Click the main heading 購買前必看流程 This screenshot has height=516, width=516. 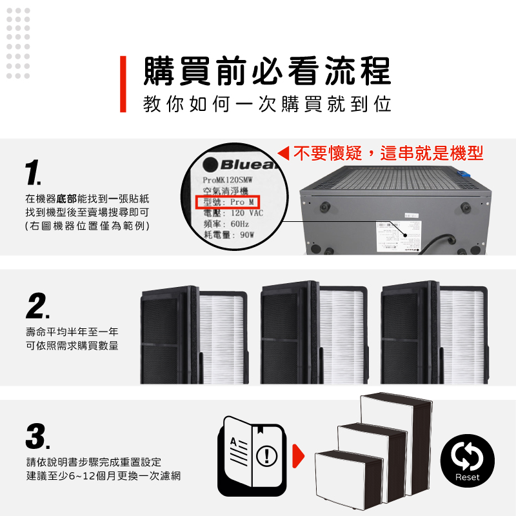coord(267,71)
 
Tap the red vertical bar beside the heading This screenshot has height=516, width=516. coord(123,84)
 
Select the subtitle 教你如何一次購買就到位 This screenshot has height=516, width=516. coord(267,104)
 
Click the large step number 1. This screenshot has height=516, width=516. coord(33,172)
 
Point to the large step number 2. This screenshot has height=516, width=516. coord(37,306)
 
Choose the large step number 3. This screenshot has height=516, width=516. coord(37,437)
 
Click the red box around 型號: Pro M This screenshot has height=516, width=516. coord(228,202)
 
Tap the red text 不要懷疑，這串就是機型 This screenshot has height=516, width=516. coord(388,153)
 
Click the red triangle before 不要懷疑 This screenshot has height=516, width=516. coord(283,154)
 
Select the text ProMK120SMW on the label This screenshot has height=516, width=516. coord(228,180)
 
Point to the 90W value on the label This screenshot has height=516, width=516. coord(247,235)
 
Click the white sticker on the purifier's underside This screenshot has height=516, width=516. coord(399,237)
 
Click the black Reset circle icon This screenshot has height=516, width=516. coord(467,461)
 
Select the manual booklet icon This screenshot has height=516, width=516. coord(252,456)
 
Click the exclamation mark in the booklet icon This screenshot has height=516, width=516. coord(267,456)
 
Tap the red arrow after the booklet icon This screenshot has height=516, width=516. coord(299,456)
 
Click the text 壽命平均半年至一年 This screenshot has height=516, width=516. coord(72,332)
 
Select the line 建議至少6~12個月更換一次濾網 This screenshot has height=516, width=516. coord(103,476)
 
